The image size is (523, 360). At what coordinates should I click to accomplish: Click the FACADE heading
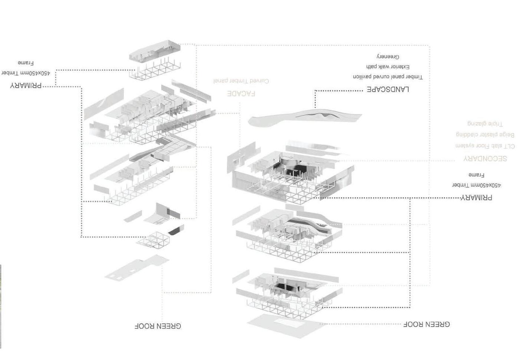coord(241,94)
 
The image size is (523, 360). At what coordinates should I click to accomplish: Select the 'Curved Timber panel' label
coord(241,81)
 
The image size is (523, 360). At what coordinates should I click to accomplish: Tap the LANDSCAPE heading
coord(388,89)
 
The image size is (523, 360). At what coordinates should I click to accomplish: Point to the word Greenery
coord(388,57)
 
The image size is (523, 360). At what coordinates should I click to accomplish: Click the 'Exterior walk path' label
coord(388,67)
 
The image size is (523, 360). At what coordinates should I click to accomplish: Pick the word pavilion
coord(362,77)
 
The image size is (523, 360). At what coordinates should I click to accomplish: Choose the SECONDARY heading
coord(485,159)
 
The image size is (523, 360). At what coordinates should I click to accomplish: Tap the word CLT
coord(508,146)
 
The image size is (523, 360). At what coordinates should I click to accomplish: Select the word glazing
coord(477,123)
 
